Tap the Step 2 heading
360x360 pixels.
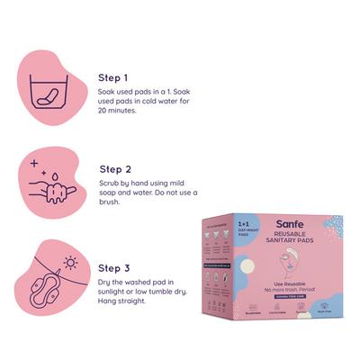(116, 168)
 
